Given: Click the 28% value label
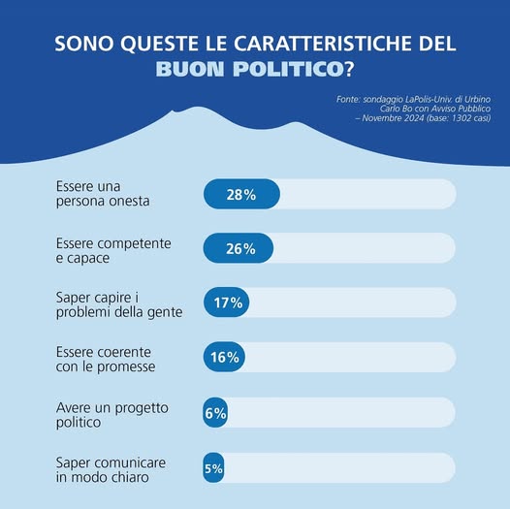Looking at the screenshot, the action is (x=241, y=195).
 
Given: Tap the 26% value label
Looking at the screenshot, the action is (x=240, y=249).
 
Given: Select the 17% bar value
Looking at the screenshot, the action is (x=228, y=302).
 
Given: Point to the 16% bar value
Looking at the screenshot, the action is (x=225, y=357).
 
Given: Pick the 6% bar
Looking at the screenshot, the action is (x=215, y=413).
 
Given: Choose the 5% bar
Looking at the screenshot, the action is (x=213, y=467).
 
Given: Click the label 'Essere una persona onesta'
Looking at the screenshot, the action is (x=103, y=194).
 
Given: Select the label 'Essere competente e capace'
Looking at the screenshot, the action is (x=113, y=250).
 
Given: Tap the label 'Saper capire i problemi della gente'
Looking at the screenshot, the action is (x=119, y=304).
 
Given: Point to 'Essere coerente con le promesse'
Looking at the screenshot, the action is (x=106, y=359).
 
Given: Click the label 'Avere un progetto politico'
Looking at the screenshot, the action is (x=112, y=415).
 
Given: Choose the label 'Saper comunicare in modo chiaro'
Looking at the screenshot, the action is (x=111, y=469).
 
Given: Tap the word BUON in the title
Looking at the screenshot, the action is (x=190, y=69).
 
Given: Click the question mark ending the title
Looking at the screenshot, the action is (x=349, y=69).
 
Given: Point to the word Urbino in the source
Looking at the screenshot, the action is (x=477, y=99).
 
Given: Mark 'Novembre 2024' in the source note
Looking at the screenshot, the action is (x=393, y=117).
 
